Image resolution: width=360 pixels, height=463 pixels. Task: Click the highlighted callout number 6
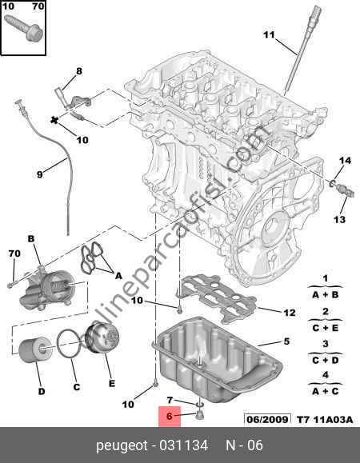169,415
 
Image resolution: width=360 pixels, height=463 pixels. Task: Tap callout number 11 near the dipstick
269,34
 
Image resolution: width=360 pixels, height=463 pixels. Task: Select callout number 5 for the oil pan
286,341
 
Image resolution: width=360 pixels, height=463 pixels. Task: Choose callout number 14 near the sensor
343,161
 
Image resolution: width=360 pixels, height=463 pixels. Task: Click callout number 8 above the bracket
78,72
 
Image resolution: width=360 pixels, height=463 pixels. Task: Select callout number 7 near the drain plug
170,399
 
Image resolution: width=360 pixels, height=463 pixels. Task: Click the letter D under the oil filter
41,392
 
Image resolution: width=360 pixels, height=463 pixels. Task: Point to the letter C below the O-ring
77,387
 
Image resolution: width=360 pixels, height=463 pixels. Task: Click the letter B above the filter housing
32,237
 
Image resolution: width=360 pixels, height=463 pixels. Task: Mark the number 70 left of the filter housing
14,253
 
